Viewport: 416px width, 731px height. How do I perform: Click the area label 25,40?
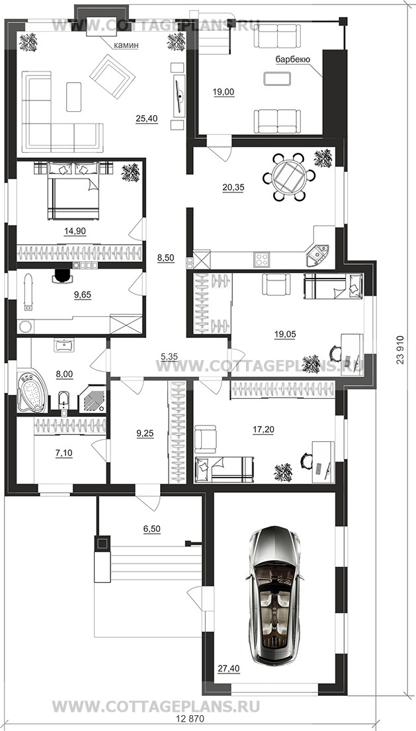tap(147, 119)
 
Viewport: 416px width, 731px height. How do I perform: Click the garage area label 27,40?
tap(228, 669)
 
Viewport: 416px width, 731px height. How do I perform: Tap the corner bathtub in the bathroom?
tap(32, 391)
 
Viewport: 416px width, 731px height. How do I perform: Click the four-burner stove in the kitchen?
tap(261, 259)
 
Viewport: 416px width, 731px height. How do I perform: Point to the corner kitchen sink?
tap(317, 254)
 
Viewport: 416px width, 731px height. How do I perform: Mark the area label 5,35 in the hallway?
tap(169, 358)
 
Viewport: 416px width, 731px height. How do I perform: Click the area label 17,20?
tap(263, 430)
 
